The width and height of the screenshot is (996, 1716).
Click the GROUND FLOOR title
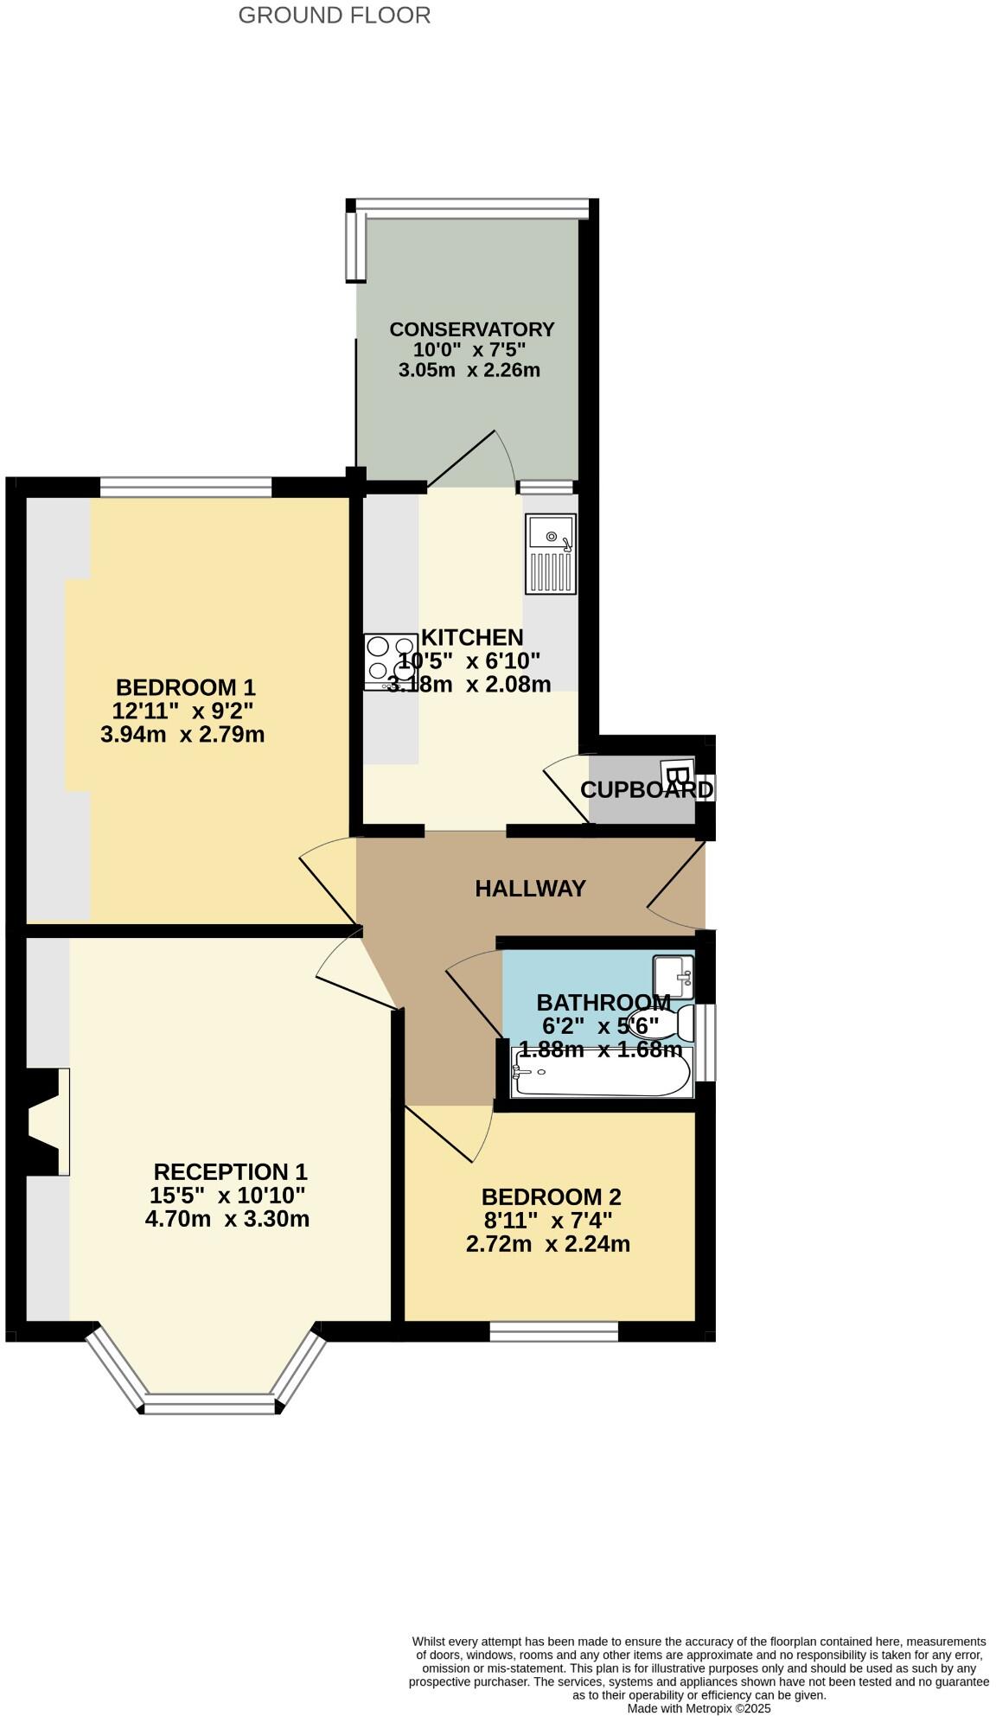334,16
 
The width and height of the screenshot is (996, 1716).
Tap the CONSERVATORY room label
471,329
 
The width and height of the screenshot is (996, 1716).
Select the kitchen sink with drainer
550,553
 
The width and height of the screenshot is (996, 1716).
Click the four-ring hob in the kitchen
390,661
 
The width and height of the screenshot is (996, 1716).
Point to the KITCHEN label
472,637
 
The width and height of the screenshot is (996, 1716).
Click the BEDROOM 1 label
186,687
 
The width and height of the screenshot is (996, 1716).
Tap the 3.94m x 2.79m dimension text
182,735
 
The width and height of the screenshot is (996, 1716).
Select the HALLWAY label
530,888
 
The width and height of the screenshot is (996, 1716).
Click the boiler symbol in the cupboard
677,773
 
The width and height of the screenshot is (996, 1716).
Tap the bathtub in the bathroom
602,1072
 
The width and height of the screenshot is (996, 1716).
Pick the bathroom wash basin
674,976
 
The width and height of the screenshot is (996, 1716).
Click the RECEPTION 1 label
230,1171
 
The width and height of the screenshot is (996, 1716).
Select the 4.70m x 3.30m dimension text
227,1219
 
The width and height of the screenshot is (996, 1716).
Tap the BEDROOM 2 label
551,1196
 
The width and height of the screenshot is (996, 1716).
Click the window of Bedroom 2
554,1331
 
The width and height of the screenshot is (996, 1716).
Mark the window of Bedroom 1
186,488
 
